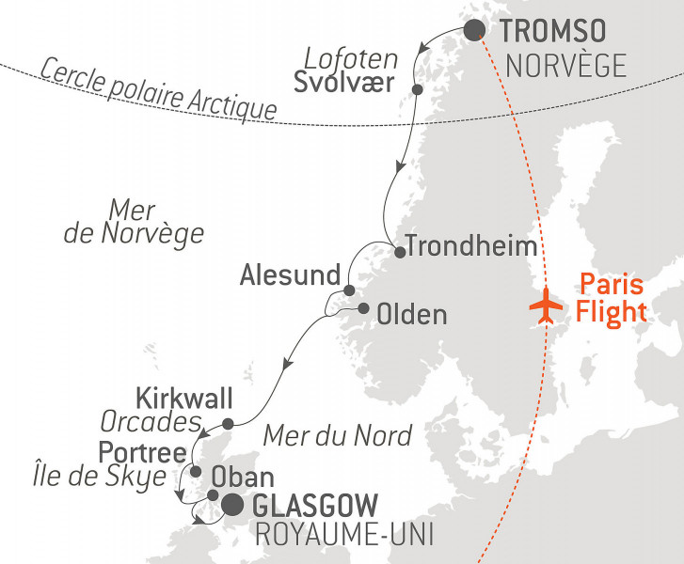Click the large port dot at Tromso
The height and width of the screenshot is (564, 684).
(475, 30)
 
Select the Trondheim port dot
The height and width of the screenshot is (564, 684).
(400, 252)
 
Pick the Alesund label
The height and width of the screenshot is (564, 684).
(289, 275)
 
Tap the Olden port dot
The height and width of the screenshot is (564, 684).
(363, 308)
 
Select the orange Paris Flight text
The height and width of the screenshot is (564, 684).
(613, 297)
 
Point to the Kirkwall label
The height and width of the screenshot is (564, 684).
(183, 398)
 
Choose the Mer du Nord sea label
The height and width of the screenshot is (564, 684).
(337, 435)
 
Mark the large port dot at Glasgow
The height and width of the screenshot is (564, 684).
(231, 507)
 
